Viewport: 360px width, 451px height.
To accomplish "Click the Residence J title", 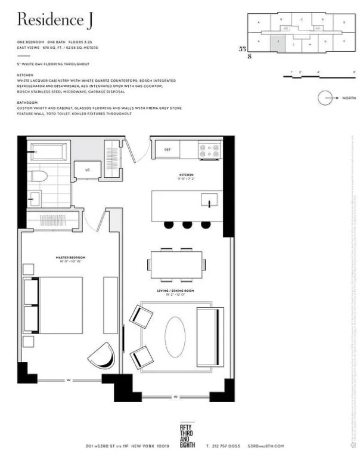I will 50,20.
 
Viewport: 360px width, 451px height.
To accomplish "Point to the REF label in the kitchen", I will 167,150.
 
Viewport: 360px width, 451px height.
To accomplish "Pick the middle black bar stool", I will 187,224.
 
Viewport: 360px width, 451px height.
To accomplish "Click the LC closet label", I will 88,170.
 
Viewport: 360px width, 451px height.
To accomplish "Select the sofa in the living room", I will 210,336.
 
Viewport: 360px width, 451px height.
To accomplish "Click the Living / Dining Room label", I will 171,293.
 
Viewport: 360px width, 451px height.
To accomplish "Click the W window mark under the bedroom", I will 70,379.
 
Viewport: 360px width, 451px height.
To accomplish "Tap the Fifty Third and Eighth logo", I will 187,431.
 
